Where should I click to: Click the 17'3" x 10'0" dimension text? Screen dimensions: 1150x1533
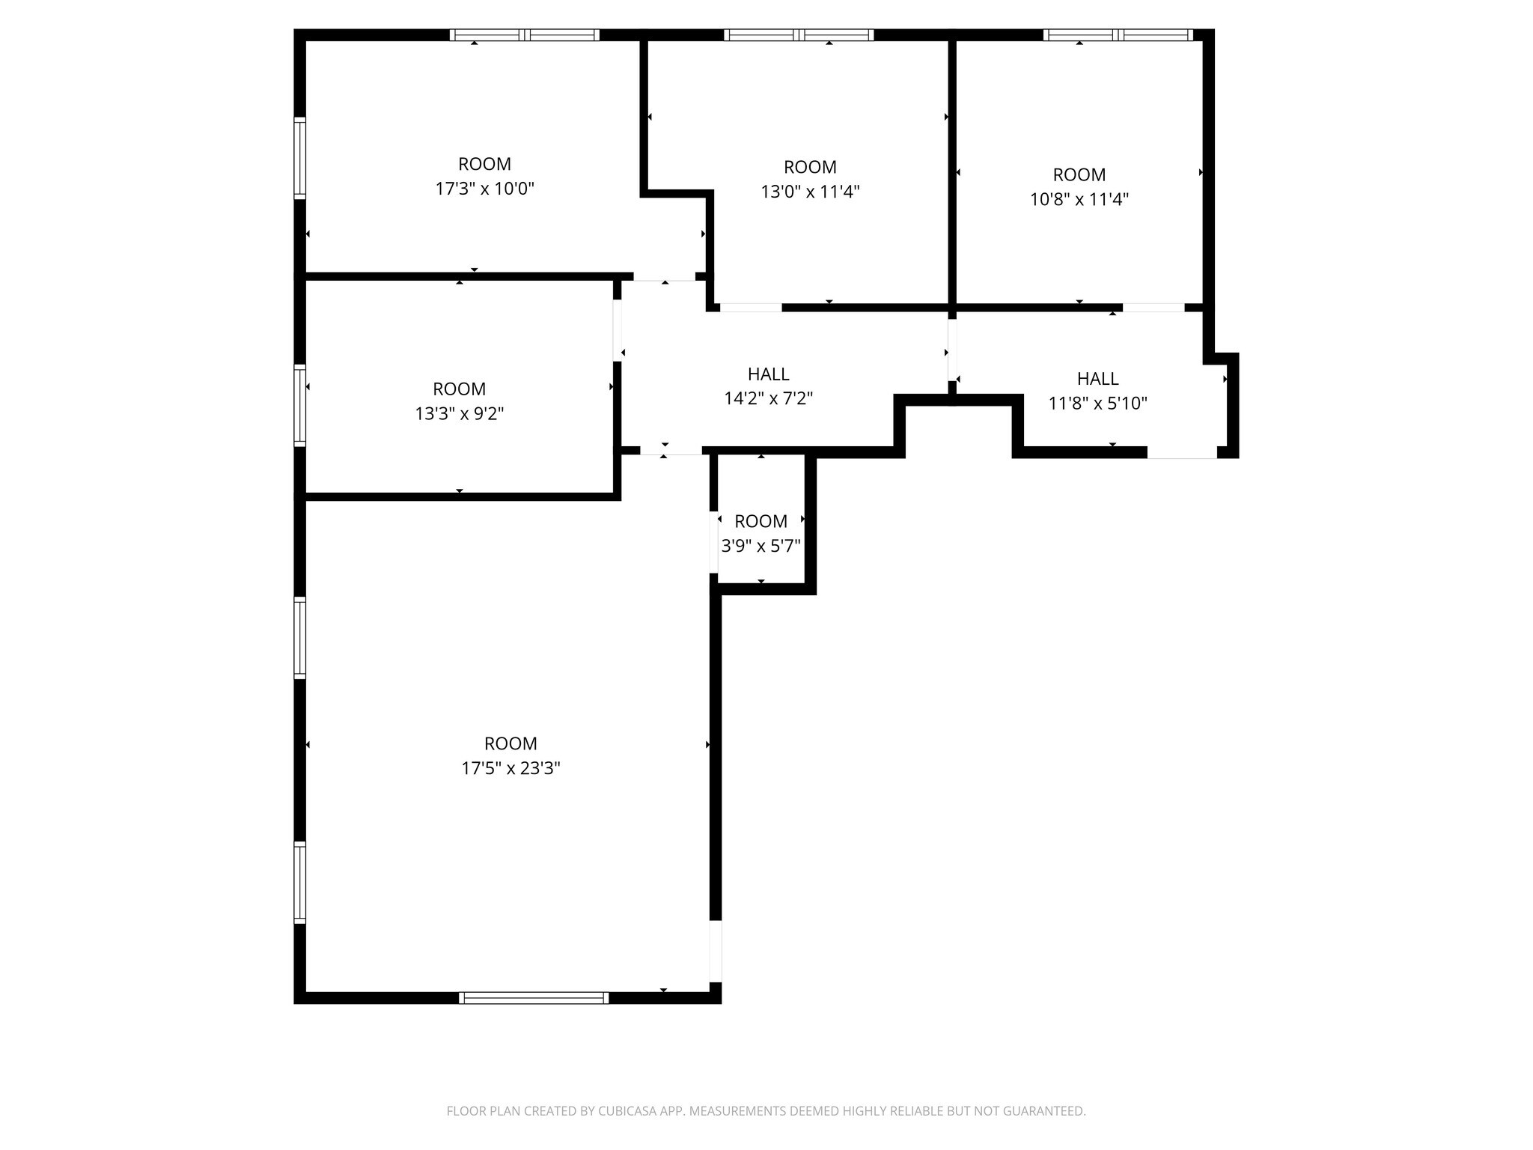pos(484,189)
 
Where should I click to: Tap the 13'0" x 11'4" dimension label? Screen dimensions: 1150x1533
pos(810,192)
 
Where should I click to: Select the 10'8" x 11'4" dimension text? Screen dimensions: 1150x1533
pos(1079,199)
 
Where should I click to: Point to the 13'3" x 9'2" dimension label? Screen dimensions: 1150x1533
pos(459,413)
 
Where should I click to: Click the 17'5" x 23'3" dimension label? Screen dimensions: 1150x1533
pos(511,768)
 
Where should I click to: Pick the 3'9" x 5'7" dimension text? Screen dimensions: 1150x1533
pos(761,546)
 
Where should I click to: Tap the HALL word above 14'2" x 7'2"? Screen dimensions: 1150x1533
pos(768,374)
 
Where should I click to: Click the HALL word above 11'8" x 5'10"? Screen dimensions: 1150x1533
pos(1097,379)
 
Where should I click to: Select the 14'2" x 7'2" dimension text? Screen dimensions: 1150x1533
pos(768,398)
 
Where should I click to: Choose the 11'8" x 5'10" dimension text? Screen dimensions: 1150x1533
pos(1097,404)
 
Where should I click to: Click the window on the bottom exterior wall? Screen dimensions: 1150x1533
pos(534,997)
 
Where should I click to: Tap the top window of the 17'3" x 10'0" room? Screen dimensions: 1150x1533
pos(524,34)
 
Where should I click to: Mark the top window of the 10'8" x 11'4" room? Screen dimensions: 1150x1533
pos(1118,34)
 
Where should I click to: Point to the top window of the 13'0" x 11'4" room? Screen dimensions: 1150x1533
pos(799,34)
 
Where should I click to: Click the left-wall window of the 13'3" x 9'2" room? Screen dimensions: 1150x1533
pos(299,405)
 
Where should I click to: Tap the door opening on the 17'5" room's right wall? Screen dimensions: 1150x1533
pos(716,951)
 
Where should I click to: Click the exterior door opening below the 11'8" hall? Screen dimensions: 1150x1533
pos(1182,452)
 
